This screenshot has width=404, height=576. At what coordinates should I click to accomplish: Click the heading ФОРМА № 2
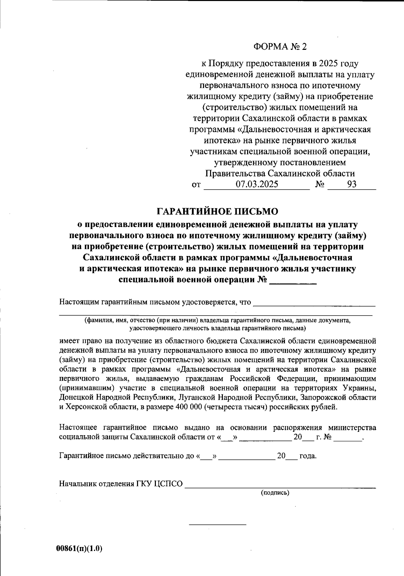280,46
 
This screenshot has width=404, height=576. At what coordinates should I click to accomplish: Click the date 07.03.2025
257,184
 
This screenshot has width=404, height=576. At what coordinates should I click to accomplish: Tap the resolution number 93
351,184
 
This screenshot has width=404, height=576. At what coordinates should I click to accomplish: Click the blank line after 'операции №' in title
293,281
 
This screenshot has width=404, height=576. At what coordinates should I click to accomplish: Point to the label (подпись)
275,493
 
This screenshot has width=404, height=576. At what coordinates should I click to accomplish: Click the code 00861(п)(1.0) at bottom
79,548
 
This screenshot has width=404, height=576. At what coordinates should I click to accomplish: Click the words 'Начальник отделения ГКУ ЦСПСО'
121,484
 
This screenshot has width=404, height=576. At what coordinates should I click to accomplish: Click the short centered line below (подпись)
217,524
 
